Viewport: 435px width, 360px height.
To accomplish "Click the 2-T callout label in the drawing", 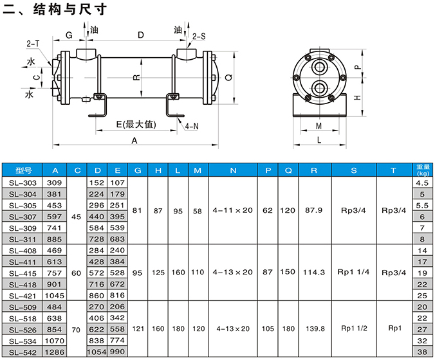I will (33, 43).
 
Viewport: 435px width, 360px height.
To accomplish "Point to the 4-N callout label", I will (192, 127).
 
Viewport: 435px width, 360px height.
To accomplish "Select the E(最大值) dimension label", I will (136, 124).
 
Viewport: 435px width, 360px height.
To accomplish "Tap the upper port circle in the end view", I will (320, 67).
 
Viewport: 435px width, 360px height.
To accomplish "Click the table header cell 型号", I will (23, 171).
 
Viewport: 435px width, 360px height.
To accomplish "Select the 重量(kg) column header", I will (421, 170).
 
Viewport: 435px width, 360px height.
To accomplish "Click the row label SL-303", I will (23, 183).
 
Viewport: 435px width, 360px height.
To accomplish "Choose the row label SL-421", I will (23, 295).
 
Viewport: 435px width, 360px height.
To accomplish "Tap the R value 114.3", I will (313, 272).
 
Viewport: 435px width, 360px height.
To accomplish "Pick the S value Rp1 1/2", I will (354, 328).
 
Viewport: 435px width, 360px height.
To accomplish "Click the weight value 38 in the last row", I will (421, 352).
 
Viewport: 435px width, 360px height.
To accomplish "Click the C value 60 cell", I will (77, 273).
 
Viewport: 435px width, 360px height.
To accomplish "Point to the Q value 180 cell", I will (289, 328).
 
